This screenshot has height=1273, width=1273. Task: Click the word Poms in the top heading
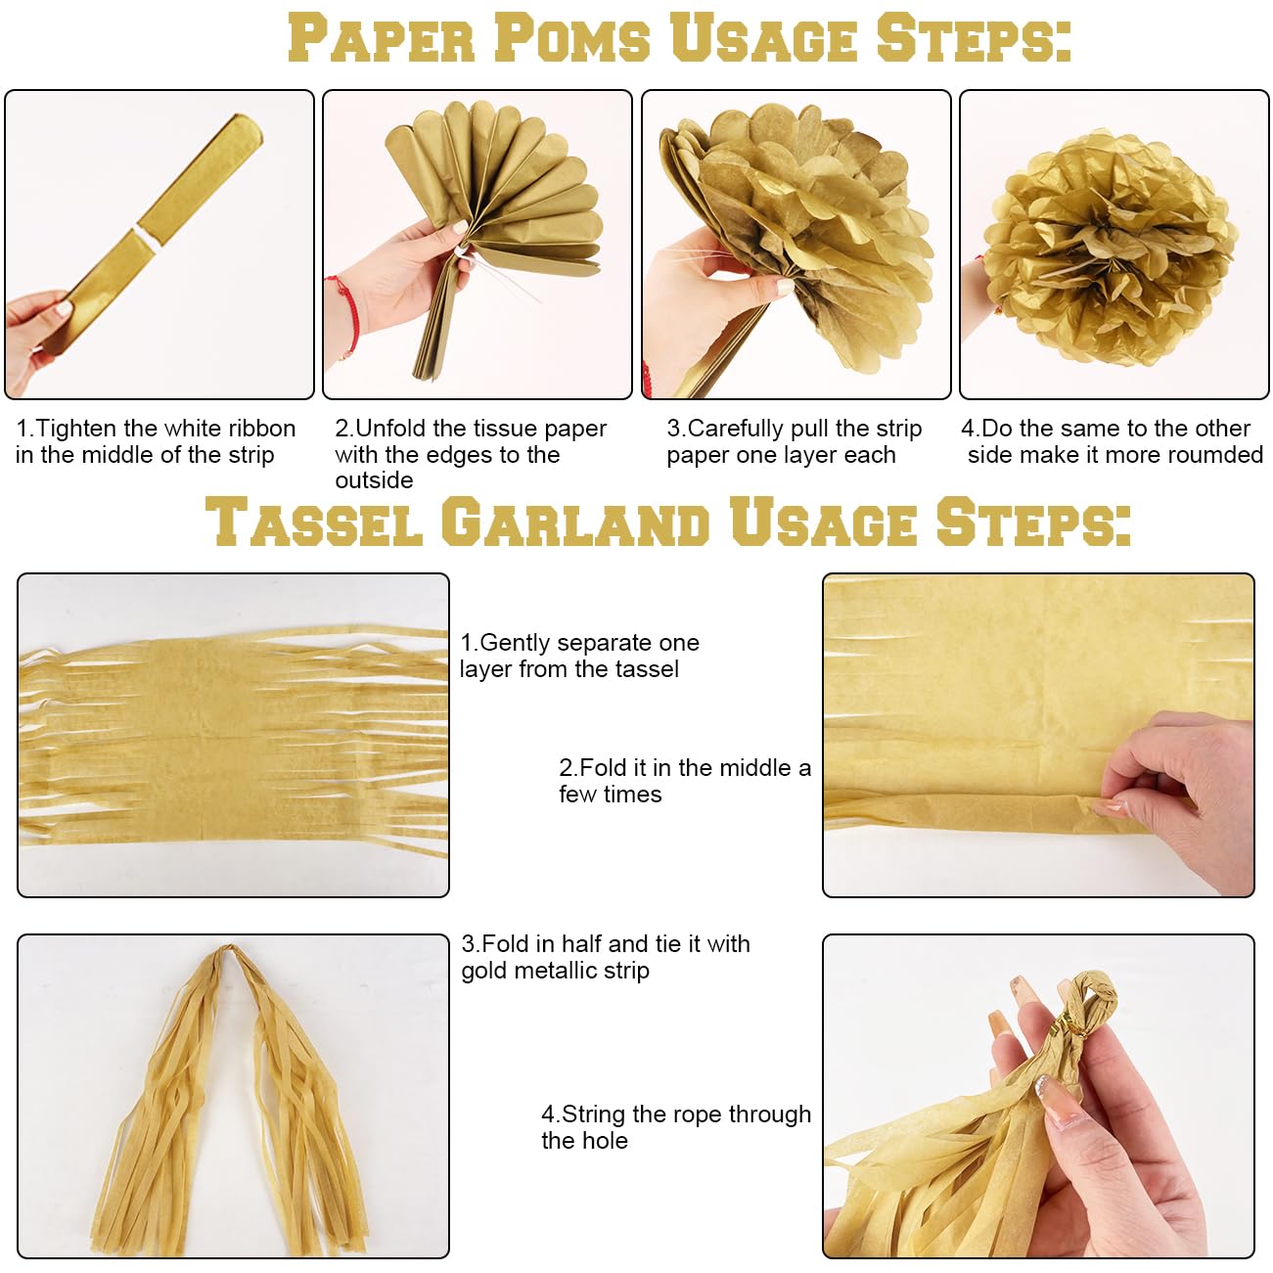tap(572, 38)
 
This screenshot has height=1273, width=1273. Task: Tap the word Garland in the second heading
tap(575, 522)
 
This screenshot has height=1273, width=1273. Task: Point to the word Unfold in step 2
tap(391, 429)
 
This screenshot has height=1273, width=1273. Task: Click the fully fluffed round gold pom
tap(1110, 248)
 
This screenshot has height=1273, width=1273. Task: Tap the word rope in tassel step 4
tap(655, 1114)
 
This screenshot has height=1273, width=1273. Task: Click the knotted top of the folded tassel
tap(226, 951)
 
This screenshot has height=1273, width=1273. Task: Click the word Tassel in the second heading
tap(314, 522)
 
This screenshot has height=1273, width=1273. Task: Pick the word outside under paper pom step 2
tap(374, 480)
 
